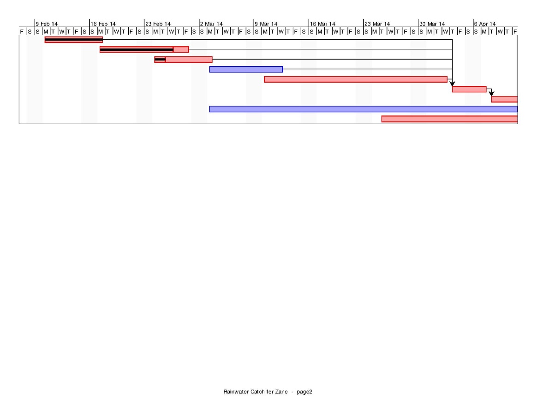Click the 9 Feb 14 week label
coord(47,24)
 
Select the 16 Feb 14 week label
coord(103,24)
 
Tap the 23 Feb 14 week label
coord(158,24)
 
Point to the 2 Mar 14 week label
coord(211,24)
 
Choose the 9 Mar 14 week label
coord(266,24)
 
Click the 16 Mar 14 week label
coord(322,24)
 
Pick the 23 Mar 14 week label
coord(377,24)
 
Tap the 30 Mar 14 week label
coord(432,24)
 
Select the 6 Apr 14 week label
coord(485,24)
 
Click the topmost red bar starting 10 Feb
coord(74,40)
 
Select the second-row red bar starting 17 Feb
coord(144,50)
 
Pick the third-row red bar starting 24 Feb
coord(183,60)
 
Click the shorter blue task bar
coord(246,70)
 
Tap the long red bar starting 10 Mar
coord(356,79)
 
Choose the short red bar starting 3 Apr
coord(469,90)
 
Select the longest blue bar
coord(364,109)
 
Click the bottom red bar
coord(450,119)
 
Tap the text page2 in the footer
coord(304,392)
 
